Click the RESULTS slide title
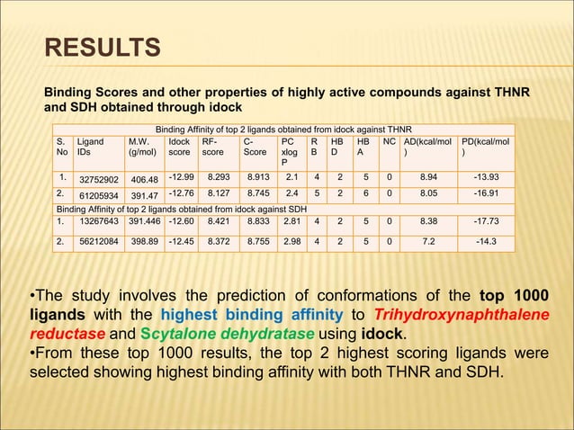pyautogui.click(x=103, y=47)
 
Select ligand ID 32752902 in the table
pyautogui.click(x=100, y=178)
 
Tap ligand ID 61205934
pyautogui.click(x=100, y=195)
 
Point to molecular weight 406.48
pyautogui.click(x=144, y=178)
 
